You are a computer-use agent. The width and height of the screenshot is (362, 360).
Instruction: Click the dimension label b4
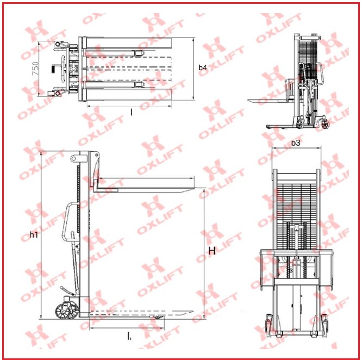click(x=203, y=67)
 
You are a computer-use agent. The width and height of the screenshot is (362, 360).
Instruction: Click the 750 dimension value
click(x=35, y=69)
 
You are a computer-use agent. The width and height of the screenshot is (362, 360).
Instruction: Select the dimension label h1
click(x=34, y=235)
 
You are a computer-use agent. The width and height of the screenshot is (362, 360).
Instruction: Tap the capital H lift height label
click(x=212, y=251)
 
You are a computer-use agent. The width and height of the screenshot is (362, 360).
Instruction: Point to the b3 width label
click(x=296, y=143)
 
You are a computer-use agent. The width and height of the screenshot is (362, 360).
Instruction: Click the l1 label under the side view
click(x=129, y=336)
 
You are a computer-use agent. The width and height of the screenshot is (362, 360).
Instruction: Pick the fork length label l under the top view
click(x=132, y=113)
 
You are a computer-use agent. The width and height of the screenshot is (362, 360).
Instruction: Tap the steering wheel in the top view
click(x=63, y=69)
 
